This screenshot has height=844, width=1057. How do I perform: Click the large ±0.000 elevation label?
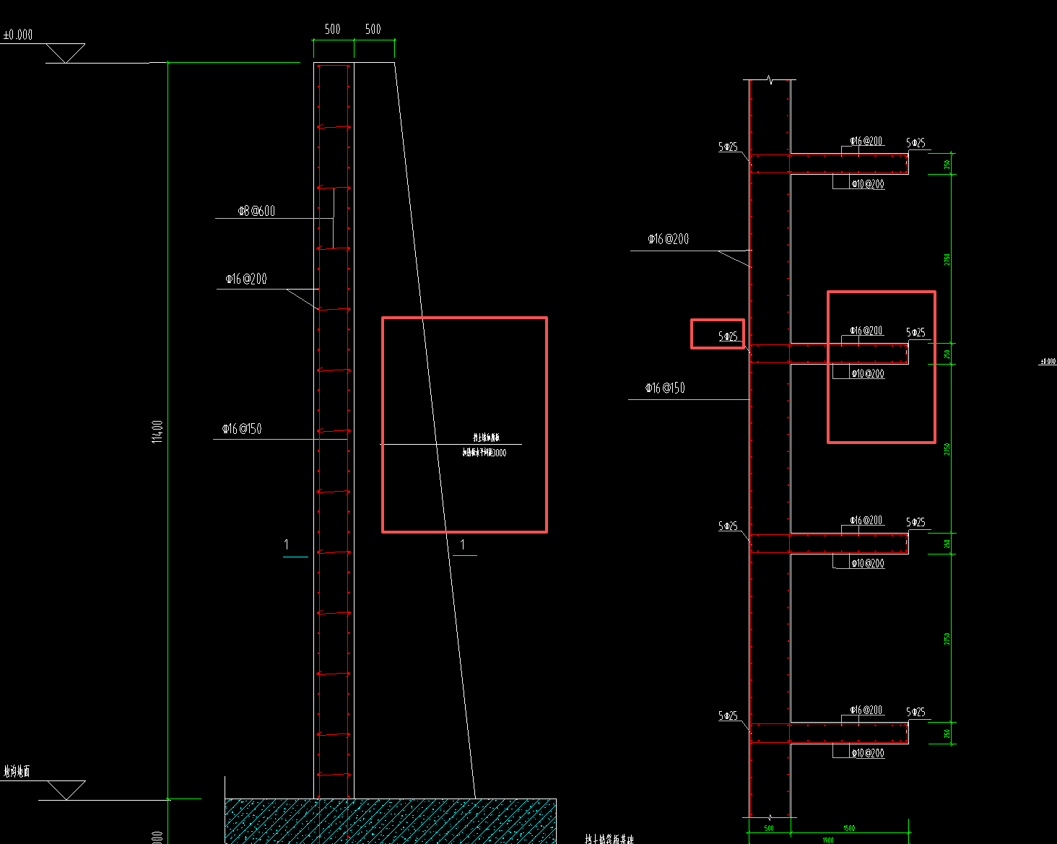click(18, 35)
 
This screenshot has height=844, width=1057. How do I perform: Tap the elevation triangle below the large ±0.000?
click(65, 53)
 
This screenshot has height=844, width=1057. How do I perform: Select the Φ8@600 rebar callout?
click(257, 211)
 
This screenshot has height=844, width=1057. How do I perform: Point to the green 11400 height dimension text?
click(157, 432)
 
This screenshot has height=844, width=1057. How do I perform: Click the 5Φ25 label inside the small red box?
click(728, 336)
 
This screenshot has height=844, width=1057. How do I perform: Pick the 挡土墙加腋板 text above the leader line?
click(486, 438)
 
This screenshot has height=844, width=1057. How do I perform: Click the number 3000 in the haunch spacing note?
click(499, 453)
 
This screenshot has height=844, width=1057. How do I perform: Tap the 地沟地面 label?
click(17, 772)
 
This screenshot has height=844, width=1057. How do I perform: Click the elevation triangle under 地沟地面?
click(66, 790)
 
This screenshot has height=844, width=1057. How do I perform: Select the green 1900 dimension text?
click(827, 840)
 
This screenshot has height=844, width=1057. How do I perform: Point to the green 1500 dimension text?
click(849, 828)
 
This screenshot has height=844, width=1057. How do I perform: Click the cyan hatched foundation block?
click(390, 821)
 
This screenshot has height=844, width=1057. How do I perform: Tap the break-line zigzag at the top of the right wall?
click(770, 80)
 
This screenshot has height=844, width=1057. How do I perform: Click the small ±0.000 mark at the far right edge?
click(1048, 361)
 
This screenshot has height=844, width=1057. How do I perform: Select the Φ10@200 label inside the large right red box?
click(867, 374)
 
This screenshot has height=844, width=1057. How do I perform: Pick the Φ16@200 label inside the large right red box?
click(866, 331)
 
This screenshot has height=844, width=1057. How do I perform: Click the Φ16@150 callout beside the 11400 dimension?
click(242, 429)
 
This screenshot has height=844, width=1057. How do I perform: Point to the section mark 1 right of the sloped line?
click(463, 545)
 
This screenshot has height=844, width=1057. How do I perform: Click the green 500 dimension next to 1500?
click(769, 828)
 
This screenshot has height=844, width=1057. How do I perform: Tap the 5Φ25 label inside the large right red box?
click(915, 333)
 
